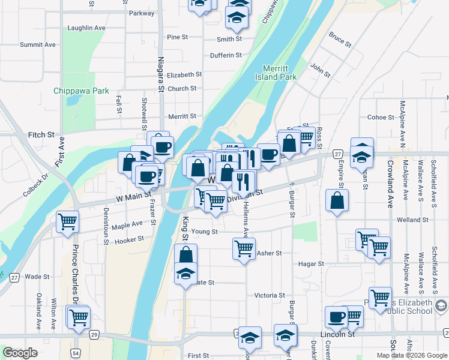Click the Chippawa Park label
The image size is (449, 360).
click(x=81, y=91)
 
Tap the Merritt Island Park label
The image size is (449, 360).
click(x=280, y=73)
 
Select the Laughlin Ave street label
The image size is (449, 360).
click(x=86, y=28)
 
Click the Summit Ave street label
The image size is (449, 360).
click(x=37, y=44)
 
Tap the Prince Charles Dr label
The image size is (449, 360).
click(x=76, y=273)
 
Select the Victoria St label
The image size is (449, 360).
click(x=270, y=295)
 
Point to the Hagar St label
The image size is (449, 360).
click(x=311, y=263)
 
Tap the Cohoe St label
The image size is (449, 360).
click(x=380, y=117)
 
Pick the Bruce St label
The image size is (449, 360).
click(x=340, y=40)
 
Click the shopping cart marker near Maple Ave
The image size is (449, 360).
click(x=67, y=221)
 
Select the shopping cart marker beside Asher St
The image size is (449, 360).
click(x=244, y=247)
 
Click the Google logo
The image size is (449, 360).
click(x=20, y=353)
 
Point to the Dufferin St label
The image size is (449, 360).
click(x=226, y=56)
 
